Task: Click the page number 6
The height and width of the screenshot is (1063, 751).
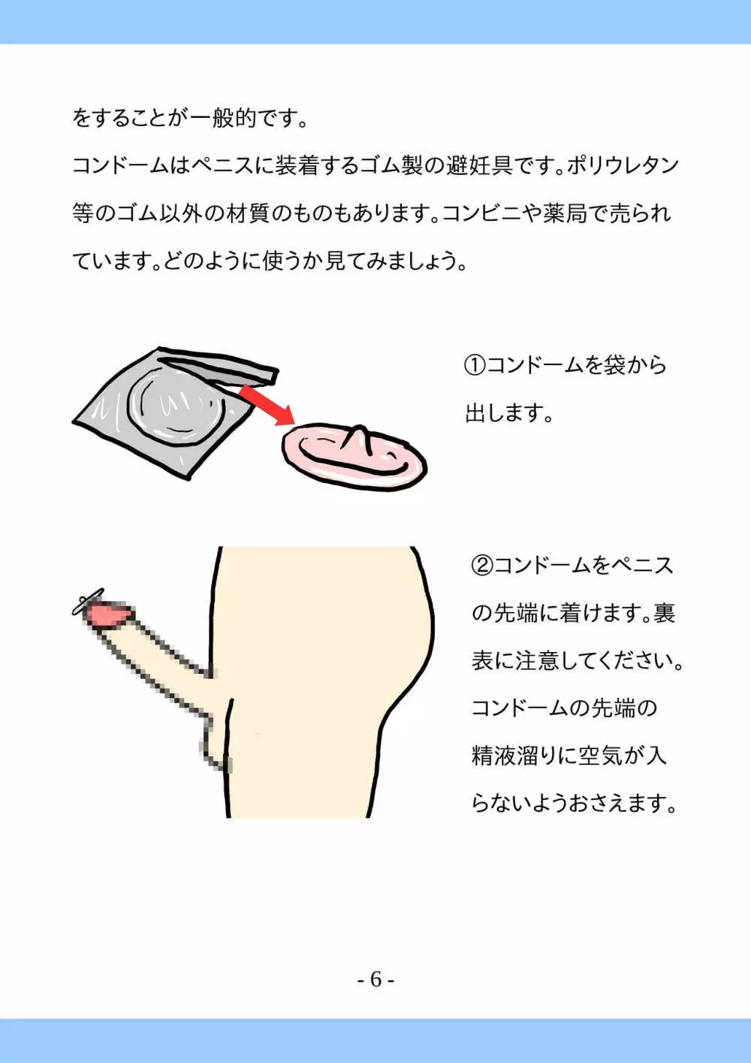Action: tap(375, 979)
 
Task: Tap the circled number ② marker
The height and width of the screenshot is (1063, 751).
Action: tap(482, 566)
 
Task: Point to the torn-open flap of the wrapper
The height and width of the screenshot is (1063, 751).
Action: tap(219, 364)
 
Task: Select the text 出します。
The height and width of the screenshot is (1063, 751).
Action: tap(509, 413)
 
